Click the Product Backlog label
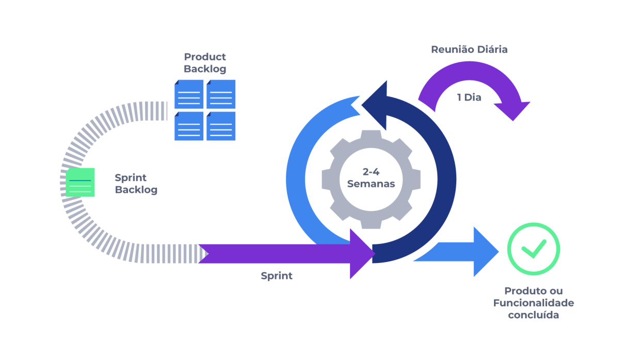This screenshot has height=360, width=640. click(x=205, y=63)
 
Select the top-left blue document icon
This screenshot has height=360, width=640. click(x=189, y=94)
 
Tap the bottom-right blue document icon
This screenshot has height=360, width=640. click(x=221, y=126)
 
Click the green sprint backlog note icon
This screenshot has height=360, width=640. click(x=80, y=182)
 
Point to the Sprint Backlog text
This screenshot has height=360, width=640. click(x=136, y=184)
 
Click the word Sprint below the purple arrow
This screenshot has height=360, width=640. click(x=277, y=276)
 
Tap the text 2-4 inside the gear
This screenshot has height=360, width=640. click(x=371, y=172)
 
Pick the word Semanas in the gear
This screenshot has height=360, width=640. click(x=371, y=184)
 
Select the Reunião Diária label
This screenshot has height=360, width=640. click(x=469, y=50)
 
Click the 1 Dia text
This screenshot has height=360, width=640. click(x=469, y=97)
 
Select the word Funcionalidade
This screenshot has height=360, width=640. click(x=533, y=303)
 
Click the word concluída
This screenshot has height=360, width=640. click(x=533, y=315)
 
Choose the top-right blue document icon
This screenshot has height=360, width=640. click(x=221, y=94)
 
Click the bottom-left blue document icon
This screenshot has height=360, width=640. click(x=189, y=126)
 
